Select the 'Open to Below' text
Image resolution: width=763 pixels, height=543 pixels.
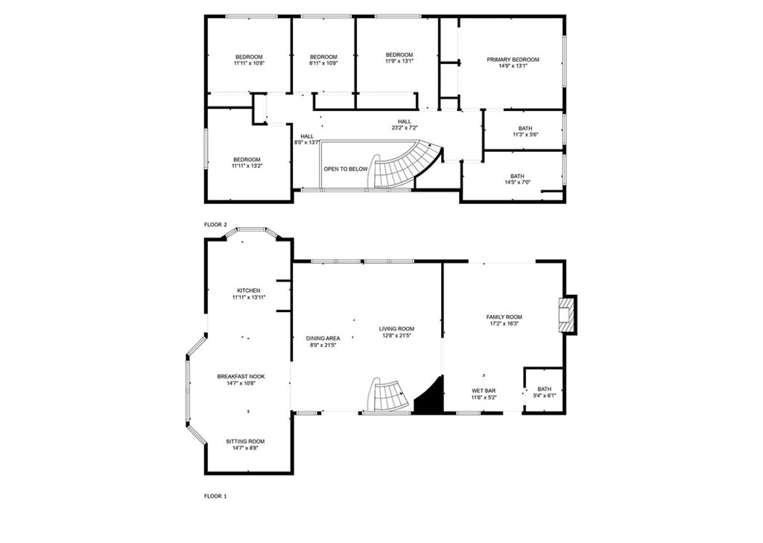coord(346,169)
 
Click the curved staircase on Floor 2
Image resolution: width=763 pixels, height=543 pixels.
coord(402,165)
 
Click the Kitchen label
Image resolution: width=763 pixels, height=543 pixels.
coord(248,290)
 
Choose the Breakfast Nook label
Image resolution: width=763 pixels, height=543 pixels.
coord(241,376)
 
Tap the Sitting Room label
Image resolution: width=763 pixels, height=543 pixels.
coord(245,442)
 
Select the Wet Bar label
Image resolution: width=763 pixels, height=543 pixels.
coord(484,390)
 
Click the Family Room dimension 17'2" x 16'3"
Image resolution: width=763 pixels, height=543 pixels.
coord(504,323)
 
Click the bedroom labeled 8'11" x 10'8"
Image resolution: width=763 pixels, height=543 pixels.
coord(323,60)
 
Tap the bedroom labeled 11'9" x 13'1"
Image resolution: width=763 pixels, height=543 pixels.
coord(399,58)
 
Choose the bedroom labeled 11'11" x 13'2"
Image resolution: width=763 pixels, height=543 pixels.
coord(247,162)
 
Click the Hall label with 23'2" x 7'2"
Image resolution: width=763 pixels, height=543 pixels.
coord(404,124)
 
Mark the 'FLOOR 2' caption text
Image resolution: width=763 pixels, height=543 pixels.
coord(215,224)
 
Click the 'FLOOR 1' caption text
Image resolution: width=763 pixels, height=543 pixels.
coord(215,495)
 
